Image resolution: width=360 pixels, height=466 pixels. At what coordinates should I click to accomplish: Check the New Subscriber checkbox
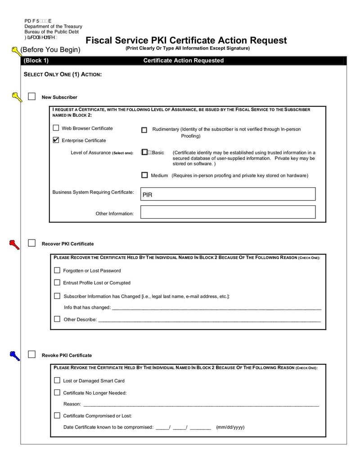click(x=31, y=96)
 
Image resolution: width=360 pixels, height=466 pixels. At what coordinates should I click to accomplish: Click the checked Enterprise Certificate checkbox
click(x=56, y=140)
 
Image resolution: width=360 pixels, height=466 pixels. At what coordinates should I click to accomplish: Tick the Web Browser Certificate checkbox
click(x=56, y=128)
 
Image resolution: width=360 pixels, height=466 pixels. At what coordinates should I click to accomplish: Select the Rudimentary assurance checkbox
click(x=144, y=130)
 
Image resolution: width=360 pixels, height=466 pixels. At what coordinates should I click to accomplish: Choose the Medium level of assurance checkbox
click(x=144, y=175)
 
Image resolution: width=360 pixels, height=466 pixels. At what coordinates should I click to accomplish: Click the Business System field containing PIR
click(x=228, y=194)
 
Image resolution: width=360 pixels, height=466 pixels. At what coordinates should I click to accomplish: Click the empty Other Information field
click(x=228, y=212)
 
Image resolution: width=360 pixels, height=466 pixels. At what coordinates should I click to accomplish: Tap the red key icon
click(x=14, y=244)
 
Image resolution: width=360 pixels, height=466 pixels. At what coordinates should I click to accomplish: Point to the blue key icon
click(x=14, y=356)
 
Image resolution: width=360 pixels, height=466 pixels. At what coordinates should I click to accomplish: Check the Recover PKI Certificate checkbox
click(x=31, y=243)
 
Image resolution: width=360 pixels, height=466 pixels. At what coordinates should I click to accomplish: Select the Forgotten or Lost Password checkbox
click(x=57, y=270)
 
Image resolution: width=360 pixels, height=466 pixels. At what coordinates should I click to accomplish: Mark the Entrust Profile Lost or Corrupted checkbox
click(x=57, y=282)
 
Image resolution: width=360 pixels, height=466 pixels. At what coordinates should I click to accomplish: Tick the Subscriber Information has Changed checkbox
click(x=57, y=296)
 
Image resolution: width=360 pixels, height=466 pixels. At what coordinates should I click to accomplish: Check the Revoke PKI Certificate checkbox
click(x=31, y=354)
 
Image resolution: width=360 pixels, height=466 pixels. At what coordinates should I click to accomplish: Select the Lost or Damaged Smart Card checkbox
click(x=57, y=380)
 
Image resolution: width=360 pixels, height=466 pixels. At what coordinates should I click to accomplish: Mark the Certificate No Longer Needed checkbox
click(x=57, y=392)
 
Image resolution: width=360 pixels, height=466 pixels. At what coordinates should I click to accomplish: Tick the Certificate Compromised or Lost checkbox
click(x=57, y=415)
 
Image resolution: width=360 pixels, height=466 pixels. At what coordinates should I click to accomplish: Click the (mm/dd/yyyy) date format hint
click(x=230, y=427)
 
